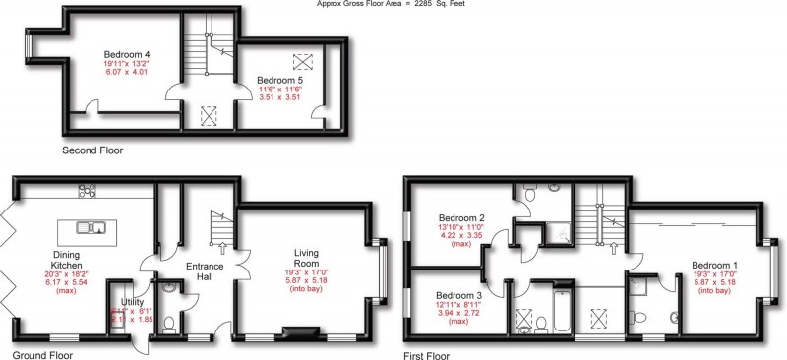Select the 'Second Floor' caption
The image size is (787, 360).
pyautogui.click(x=92, y=150)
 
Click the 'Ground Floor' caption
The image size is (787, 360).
pyautogui.click(x=44, y=351)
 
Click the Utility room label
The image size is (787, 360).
pyautogui.click(x=131, y=301)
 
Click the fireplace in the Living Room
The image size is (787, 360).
pyautogui.click(x=295, y=333)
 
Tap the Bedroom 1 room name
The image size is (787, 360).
pyautogui.click(x=715, y=264)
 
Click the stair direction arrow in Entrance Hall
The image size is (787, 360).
pyautogui.click(x=222, y=248)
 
